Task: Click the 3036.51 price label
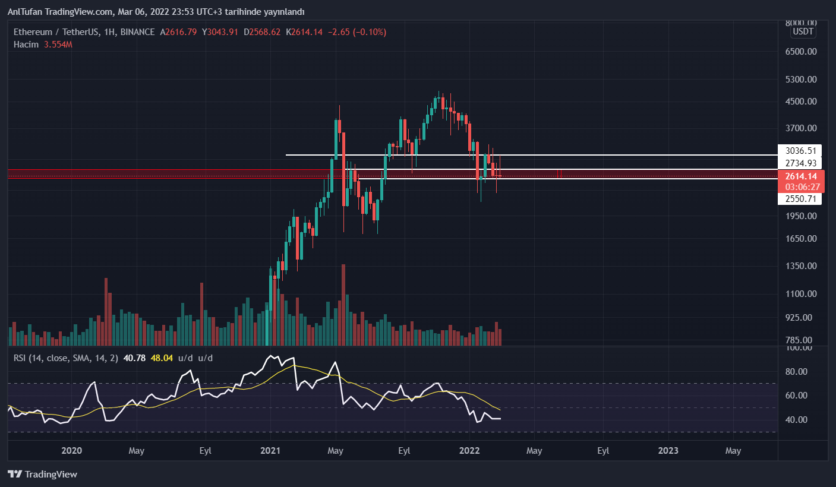point(799,151)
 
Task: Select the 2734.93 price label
point(799,163)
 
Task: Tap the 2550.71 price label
point(799,199)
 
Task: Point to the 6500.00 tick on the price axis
point(802,52)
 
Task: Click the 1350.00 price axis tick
point(802,266)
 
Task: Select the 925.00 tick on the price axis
point(802,318)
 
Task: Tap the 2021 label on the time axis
point(270,451)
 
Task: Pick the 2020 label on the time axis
point(71,451)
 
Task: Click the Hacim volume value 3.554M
point(58,45)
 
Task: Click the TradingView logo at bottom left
point(42,475)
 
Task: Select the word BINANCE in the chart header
point(137,32)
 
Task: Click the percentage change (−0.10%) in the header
point(369,32)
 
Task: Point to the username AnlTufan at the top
point(24,11)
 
